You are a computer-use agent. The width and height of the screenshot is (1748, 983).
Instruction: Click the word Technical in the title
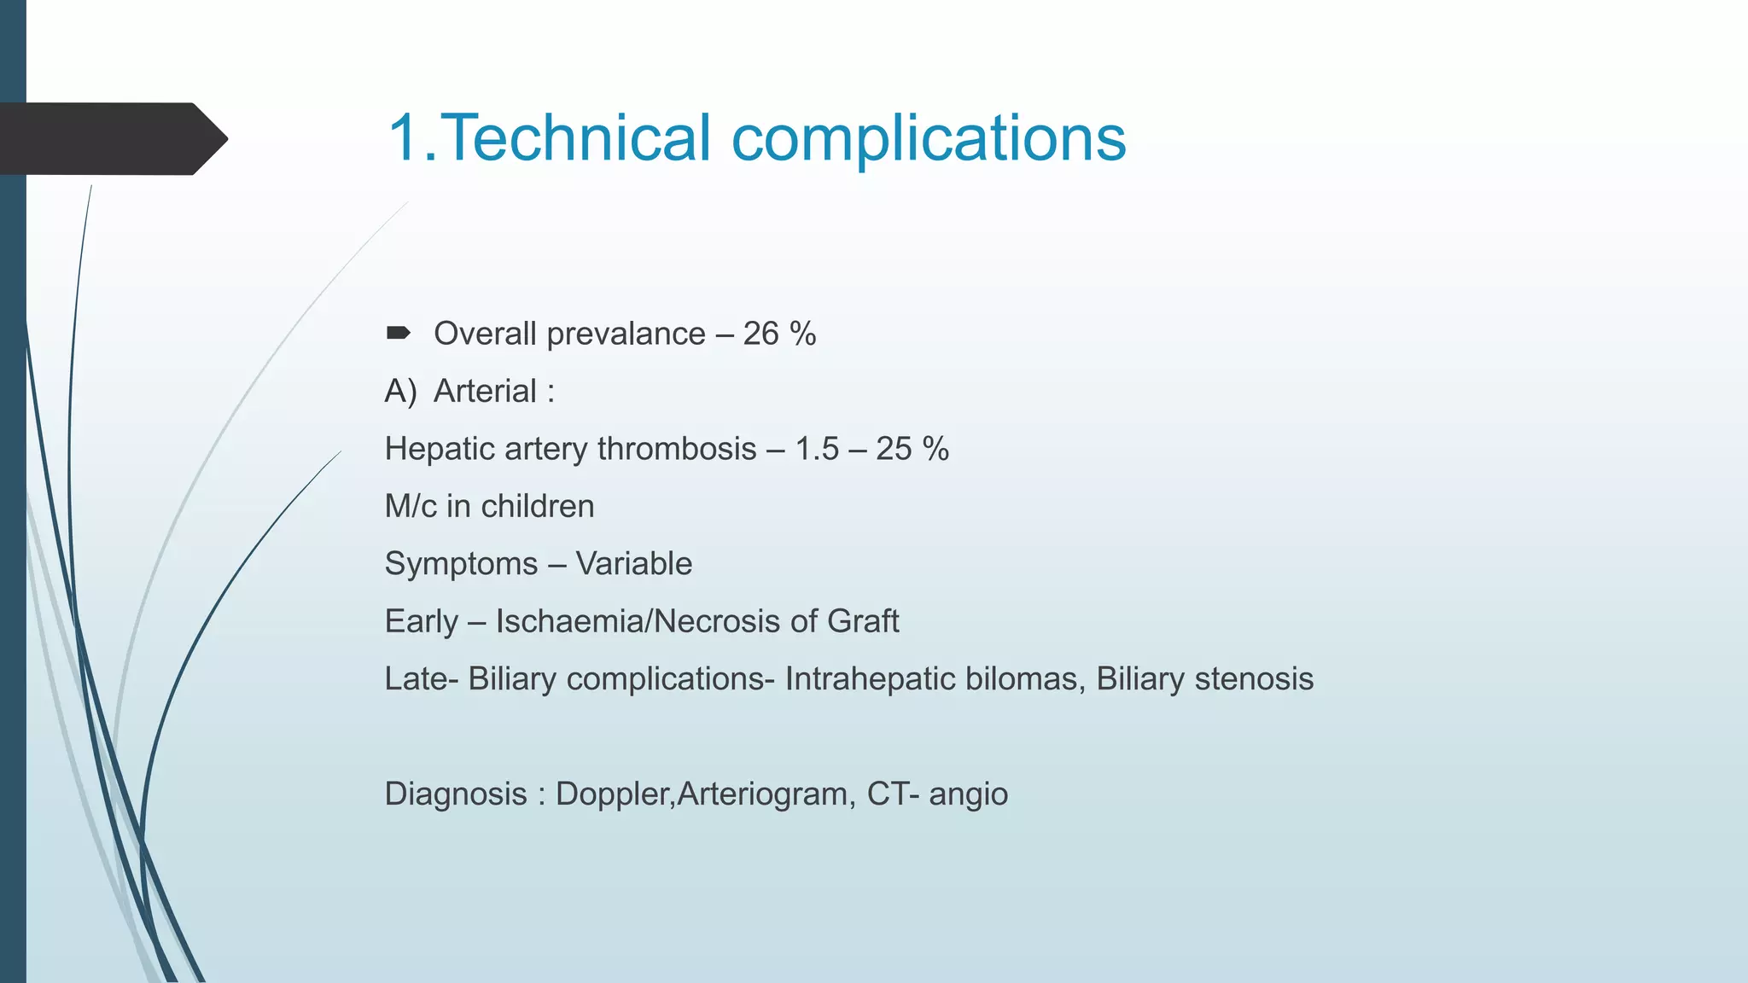[576, 137]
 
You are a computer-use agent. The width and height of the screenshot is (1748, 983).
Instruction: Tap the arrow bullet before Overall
[398, 333]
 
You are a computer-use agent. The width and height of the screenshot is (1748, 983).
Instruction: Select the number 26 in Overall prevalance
[760, 334]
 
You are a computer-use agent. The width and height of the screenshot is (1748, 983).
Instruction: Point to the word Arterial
[485, 391]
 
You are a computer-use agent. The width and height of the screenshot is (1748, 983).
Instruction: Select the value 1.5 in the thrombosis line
[817, 449]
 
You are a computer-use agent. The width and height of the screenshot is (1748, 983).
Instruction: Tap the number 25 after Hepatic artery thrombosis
[894, 449]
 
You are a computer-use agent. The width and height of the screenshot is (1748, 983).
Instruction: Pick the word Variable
[633, 564]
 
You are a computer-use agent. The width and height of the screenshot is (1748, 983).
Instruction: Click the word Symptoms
[461, 565]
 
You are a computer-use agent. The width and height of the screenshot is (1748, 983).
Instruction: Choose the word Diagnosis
[456, 794]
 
